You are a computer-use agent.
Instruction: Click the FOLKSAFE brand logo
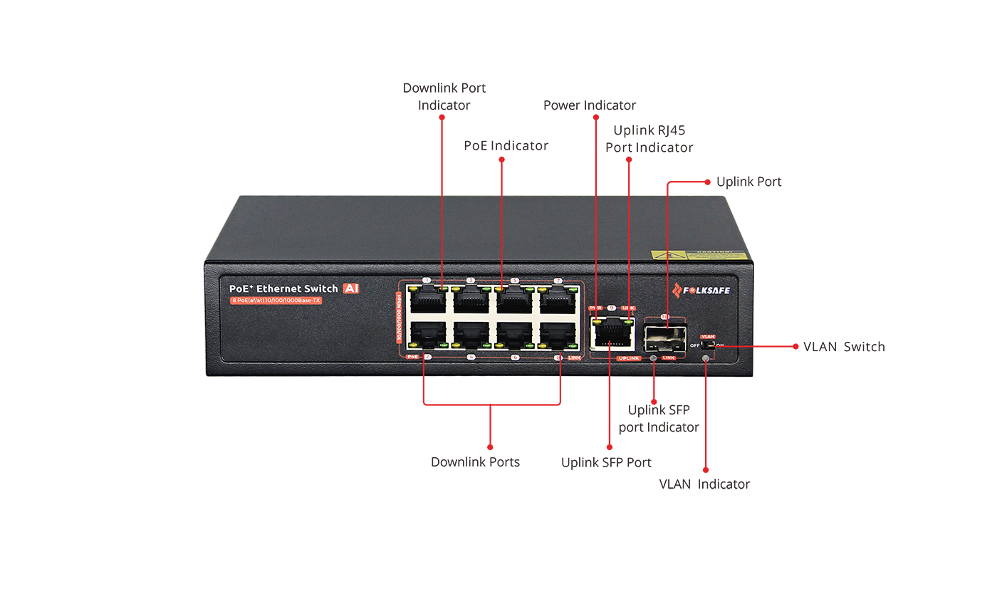tap(701, 290)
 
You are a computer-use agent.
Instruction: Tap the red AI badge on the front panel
tap(350, 288)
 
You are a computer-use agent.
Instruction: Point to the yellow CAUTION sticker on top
tap(699, 255)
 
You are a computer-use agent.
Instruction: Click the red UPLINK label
tap(630, 358)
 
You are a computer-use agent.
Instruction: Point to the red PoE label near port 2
tap(412, 356)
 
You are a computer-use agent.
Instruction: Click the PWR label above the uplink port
tap(596, 308)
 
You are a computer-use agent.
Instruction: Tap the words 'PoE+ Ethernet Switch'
tap(283, 288)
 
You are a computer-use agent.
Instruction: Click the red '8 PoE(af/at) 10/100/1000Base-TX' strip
tap(276, 302)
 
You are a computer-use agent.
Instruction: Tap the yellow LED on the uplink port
tap(597, 323)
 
